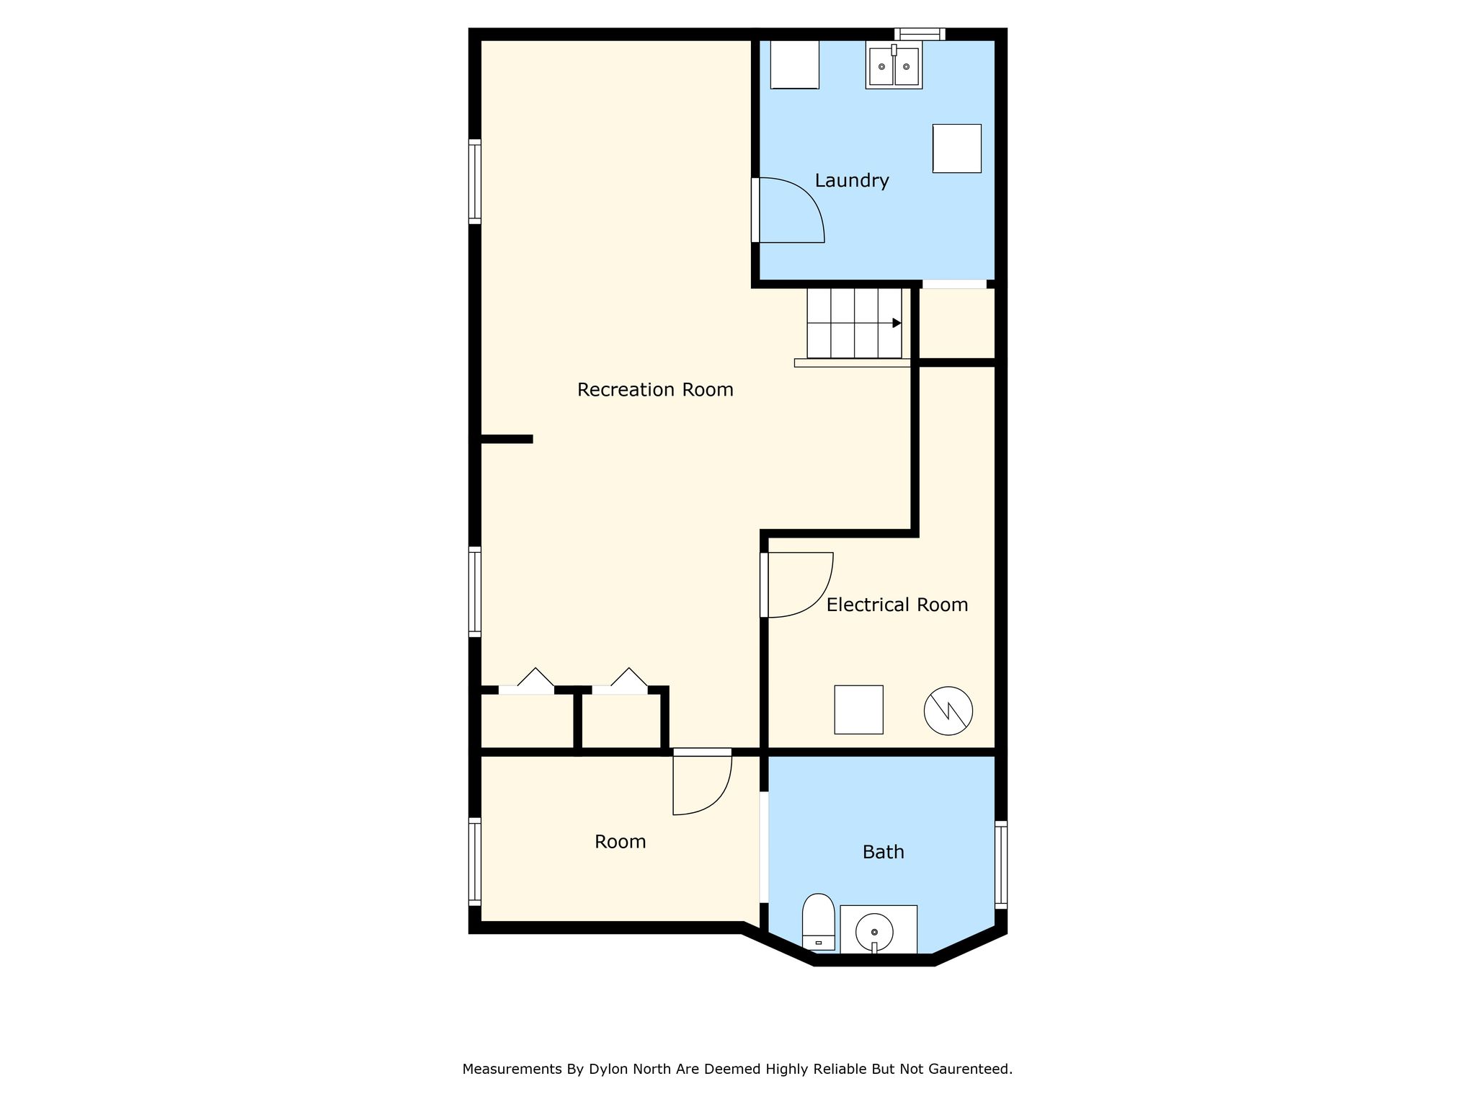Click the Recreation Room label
click(x=655, y=390)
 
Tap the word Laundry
click(x=852, y=180)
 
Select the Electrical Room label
click(x=897, y=605)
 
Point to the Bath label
click(x=883, y=852)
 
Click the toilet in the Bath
click(x=818, y=922)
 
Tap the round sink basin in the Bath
click(x=874, y=933)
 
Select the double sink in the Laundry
click(x=894, y=66)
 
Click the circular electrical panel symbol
click(x=948, y=711)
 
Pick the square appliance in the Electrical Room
click(x=858, y=710)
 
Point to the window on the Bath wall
click(x=1001, y=864)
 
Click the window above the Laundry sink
click(x=920, y=34)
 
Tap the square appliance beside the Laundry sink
click(x=795, y=64)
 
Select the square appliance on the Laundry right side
click(x=957, y=148)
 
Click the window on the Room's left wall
click(x=475, y=861)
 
